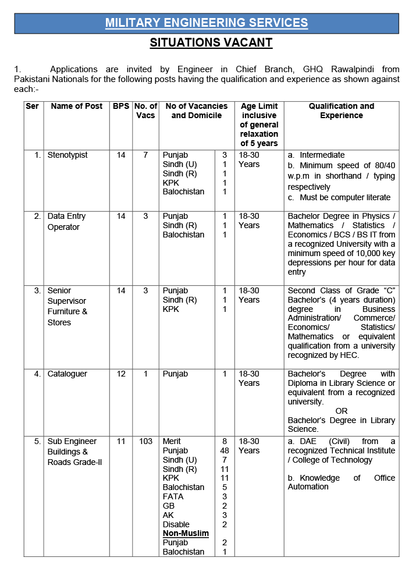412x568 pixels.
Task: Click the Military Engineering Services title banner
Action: (207, 23)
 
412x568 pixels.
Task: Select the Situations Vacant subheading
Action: (211, 42)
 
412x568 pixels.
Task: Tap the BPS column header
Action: (121, 106)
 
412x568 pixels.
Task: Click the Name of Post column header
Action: (77, 106)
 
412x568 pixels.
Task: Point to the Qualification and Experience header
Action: (341, 111)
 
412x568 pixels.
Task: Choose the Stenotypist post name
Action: (68, 155)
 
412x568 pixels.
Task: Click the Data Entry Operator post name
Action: (66, 222)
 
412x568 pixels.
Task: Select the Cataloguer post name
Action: (68, 374)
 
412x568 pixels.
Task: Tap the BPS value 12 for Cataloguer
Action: (121, 374)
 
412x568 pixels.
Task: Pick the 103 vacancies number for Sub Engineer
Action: (145, 442)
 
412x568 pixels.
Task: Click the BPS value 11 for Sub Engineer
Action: (121, 442)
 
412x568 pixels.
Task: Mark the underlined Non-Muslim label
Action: (186, 534)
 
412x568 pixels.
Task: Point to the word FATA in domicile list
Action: (173, 497)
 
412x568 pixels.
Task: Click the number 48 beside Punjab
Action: (225, 451)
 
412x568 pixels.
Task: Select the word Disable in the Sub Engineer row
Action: (176, 525)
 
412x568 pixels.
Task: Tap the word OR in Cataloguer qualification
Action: (342, 411)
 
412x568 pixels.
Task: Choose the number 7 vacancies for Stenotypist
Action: (145, 155)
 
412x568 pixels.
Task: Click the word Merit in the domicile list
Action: (173, 442)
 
